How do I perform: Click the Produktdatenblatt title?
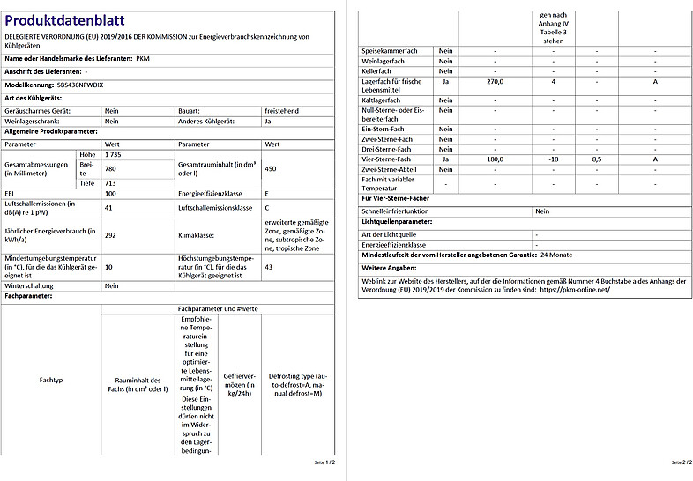click(65, 19)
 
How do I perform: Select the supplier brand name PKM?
click(143, 58)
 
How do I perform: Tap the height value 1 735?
click(113, 154)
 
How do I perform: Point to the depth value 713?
click(111, 182)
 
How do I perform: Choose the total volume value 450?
click(272, 168)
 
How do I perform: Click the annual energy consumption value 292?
click(111, 235)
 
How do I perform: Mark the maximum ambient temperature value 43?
click(269, 266)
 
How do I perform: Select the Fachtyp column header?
click(52, 380)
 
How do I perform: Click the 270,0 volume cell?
click(495, 81)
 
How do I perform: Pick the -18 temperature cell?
click(553, 159)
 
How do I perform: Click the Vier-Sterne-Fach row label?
click(387, 159)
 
